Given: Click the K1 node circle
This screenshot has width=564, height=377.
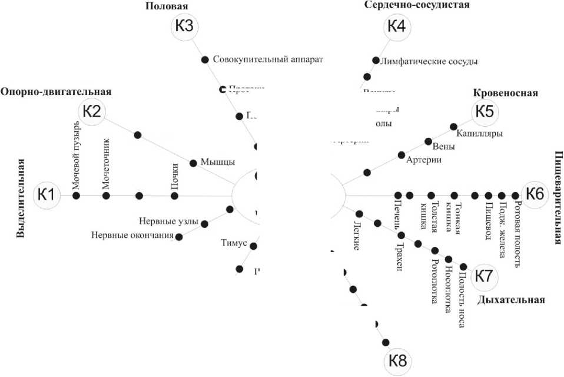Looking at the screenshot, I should pos(47,194).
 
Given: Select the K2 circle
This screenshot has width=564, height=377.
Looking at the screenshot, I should pos(91,111).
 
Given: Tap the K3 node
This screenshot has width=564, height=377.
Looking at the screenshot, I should pos(184,27).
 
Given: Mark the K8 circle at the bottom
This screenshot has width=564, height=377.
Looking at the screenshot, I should pos(398,360).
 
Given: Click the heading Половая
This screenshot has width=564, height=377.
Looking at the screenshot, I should pos(167,7).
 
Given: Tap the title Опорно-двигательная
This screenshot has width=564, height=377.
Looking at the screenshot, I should pos(56,92).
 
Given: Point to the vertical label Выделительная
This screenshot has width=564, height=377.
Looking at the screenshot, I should pos(21,198).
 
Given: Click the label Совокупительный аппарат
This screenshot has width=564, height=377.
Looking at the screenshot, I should pos(268,60).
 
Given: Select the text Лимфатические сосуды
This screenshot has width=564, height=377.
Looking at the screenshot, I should pos(430,61).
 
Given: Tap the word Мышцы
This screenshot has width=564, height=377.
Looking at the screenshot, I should pos(218,162).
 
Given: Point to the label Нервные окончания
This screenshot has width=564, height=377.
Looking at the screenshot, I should pos(132,236).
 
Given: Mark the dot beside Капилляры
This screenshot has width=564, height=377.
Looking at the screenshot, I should pos(453,126).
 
